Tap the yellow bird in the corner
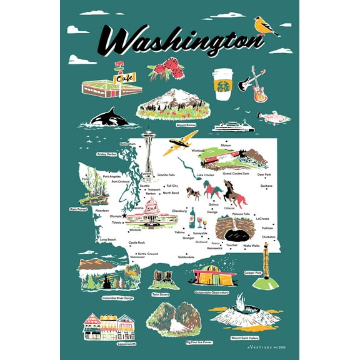[266, 26]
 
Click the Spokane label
[266, 186]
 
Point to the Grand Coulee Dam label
[236, 173]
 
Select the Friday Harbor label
[107, 153]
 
